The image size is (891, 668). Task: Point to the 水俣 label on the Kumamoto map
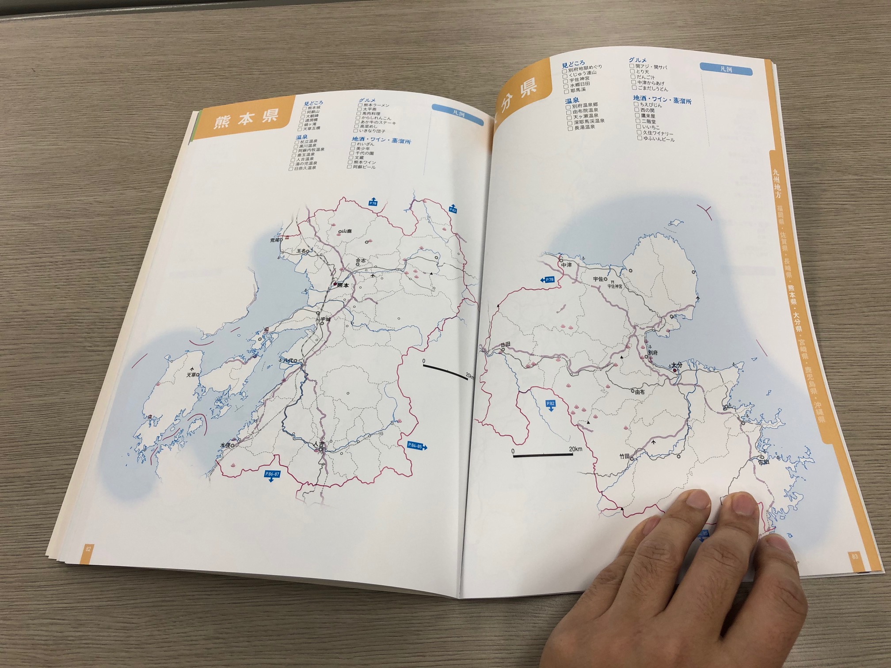click(225, 445)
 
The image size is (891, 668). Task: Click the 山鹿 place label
click(346, 231)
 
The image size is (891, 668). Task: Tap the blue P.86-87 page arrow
click(272, 475)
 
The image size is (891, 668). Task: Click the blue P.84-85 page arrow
click(416, 446)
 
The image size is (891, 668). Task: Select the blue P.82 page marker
click(550, 405)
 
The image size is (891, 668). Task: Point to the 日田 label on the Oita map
click(505, 344)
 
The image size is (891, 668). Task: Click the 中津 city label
click(566, 265)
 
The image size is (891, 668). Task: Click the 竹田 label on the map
click(624, 456)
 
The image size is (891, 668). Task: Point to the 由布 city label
click(639, 391)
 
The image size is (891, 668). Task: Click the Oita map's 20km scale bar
click(543, 455)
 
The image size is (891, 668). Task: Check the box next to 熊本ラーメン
click(360, 105)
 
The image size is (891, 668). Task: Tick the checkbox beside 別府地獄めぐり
click(565, 71)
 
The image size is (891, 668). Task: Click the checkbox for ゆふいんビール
click(639, 138)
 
